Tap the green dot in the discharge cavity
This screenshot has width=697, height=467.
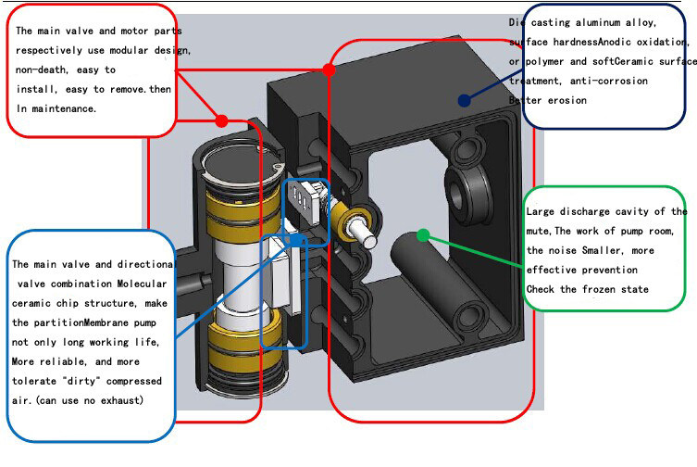[x=423, y=235]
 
